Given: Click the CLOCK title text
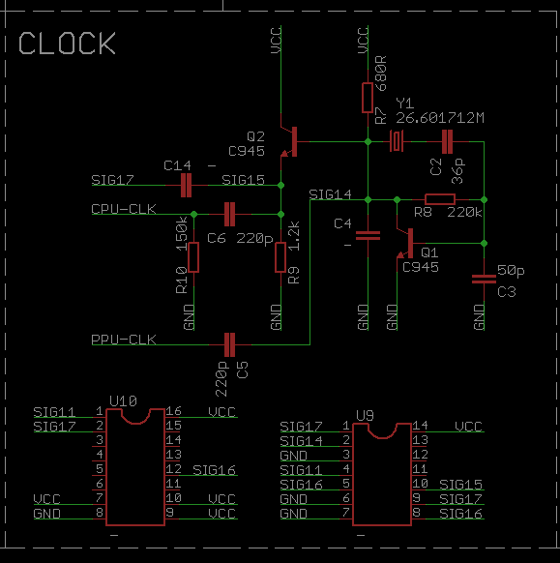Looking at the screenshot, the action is pos(67,44).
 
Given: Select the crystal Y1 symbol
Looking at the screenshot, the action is pos(397,141).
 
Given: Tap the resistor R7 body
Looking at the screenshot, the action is pos(368,98).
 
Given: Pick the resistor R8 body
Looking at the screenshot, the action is pos(440,199).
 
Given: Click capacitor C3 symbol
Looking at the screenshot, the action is pos(484,279).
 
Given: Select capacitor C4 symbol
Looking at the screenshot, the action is pos(368,235).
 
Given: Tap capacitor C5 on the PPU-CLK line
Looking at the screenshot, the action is pos(229,344).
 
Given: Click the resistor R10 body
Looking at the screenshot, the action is pos(193,257).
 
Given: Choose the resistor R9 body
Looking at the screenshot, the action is pos(280,257).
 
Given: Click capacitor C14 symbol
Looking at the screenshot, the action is pos(186,186).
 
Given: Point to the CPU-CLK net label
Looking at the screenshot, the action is pos(124,209).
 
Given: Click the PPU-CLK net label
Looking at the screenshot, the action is pos(124,340).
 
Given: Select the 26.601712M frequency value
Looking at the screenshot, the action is pos(440,118).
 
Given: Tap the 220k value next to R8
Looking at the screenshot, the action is pos(464,213).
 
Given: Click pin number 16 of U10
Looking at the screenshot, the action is pos(173,411).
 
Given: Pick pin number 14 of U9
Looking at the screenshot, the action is pos(420,426).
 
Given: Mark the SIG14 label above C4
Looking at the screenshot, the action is pos(330,194).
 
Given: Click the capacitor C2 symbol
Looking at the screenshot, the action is pos(447,142).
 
